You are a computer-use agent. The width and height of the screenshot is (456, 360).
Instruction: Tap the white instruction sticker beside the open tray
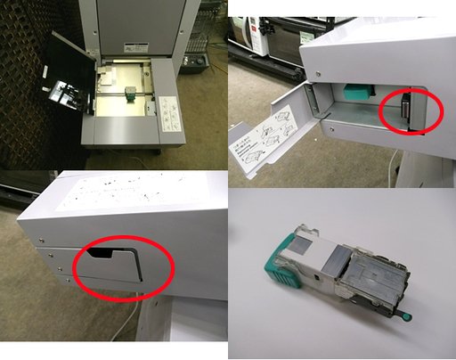click(170, 113)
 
